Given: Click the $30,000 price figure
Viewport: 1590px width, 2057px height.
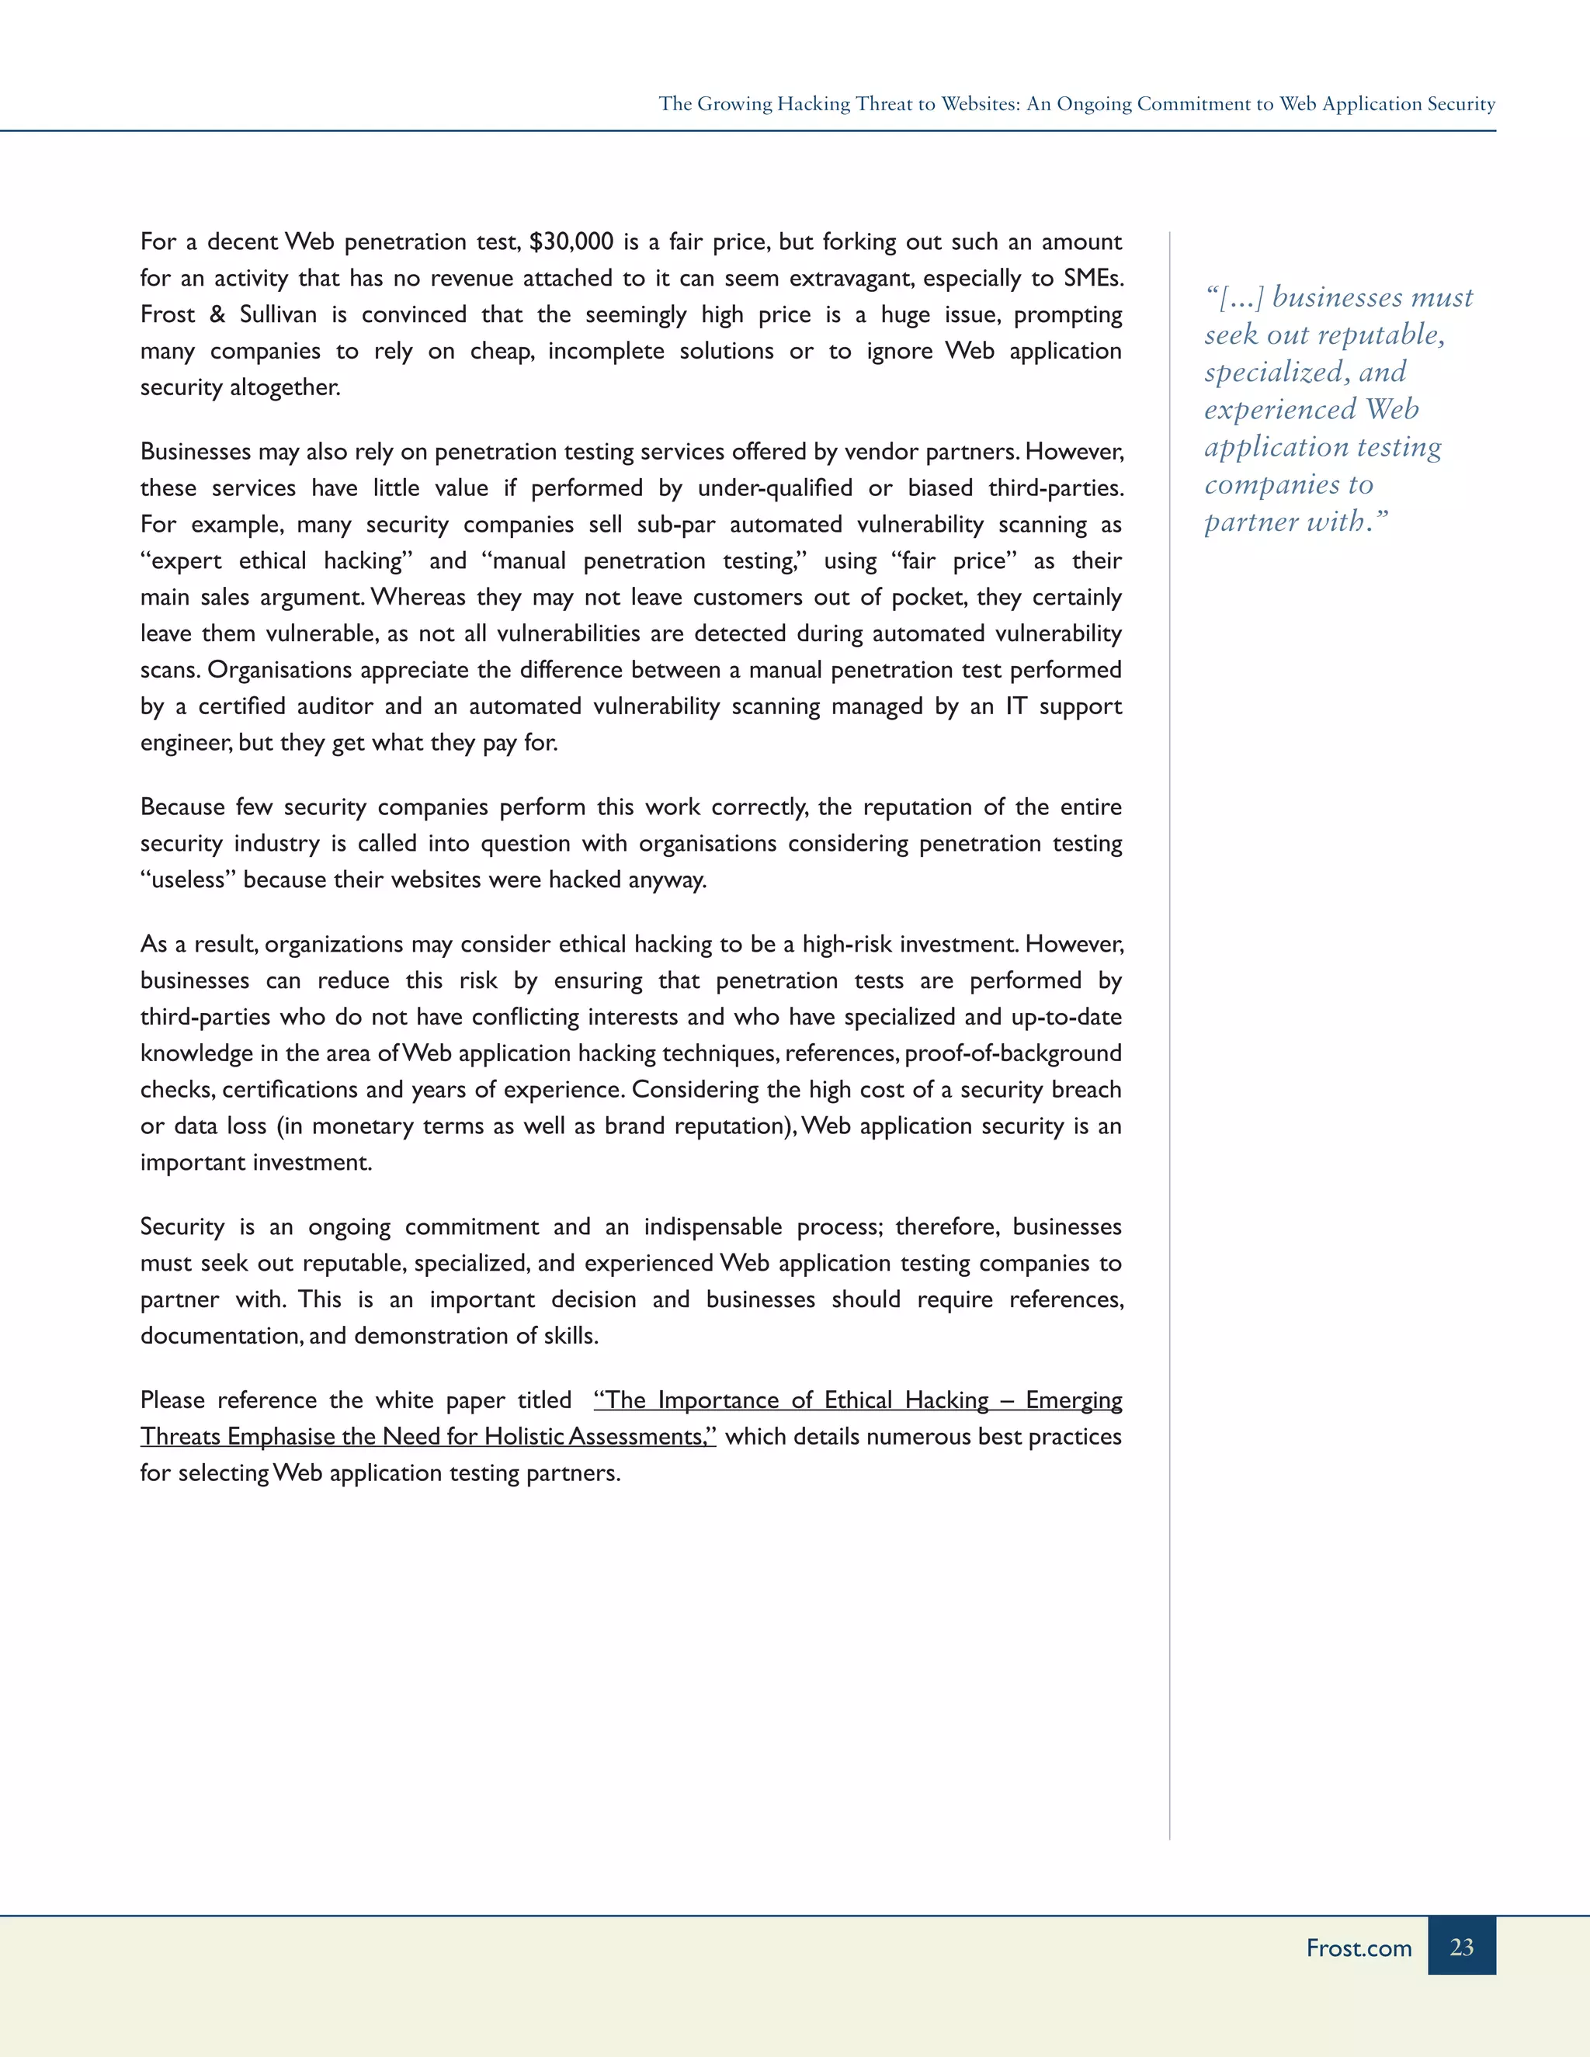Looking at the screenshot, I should pyautogui.click(x=571, y=242).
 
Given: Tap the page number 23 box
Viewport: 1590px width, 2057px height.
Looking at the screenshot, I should pyautogui.click(x=1461, y=1947).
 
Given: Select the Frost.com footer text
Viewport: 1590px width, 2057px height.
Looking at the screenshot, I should pyautogui.click(x=1359, y=1948).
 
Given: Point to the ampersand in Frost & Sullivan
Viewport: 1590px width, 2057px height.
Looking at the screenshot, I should pyautogui.click(x=217, y=314).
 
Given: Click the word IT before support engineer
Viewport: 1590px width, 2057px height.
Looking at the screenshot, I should pyautogui.click(x=1015, y=706).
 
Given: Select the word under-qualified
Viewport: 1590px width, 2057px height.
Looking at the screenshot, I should pyautogui.click(x=776, y=488).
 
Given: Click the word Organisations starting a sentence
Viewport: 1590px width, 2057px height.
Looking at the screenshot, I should pyautogui.click(x=279, y=671).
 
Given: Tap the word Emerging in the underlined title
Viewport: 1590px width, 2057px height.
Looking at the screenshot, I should pyautogui.click(x=1073, y=1400).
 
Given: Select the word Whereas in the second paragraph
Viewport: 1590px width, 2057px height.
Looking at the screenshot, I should pyautogui.click(x=418, y=597).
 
